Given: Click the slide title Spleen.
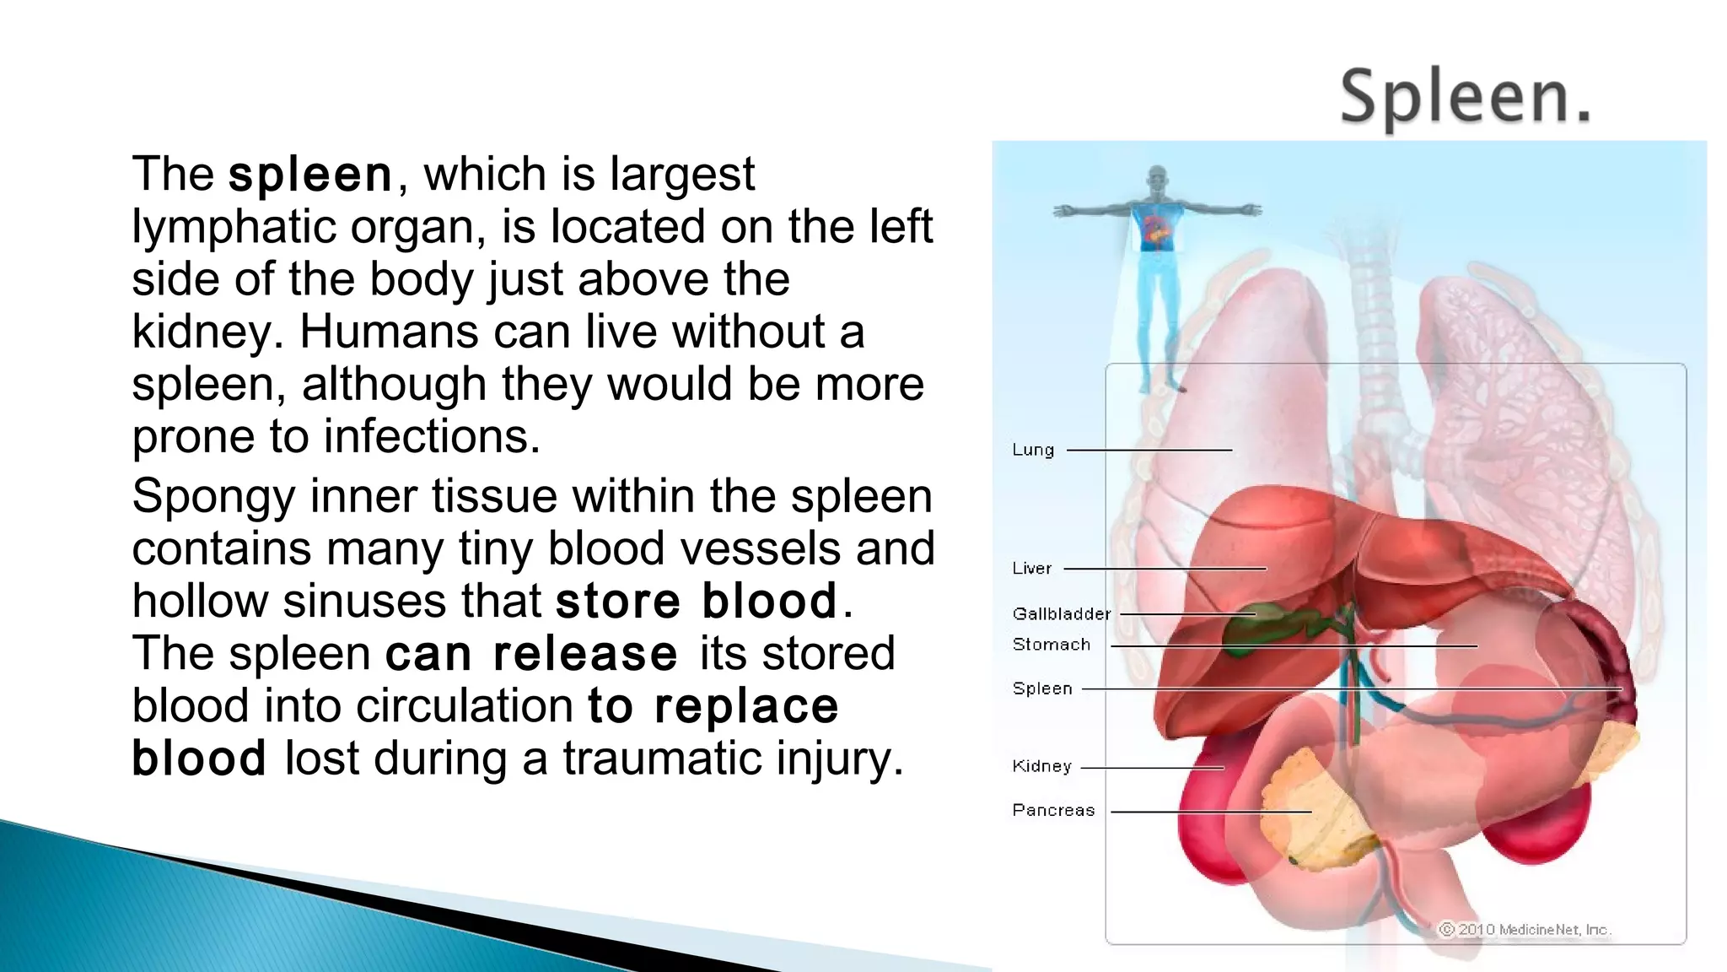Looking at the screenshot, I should (1465, 97).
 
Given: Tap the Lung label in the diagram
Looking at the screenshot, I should (1033, 450).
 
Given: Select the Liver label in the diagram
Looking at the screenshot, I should (1032, 569).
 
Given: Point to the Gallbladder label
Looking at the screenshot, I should (1062, 614).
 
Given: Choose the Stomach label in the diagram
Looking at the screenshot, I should (1052, 645).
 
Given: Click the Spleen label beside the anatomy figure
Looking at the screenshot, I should (1042, 688).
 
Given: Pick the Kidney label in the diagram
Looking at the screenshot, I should (1042, 766).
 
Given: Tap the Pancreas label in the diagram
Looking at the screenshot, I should (1053, 810).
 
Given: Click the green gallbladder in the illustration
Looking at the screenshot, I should (1248, 629).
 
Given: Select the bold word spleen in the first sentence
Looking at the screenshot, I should (310, 175).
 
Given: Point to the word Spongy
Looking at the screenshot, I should (213, 497).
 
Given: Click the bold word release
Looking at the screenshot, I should (585, 654).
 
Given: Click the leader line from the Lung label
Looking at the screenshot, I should (1149, 450).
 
